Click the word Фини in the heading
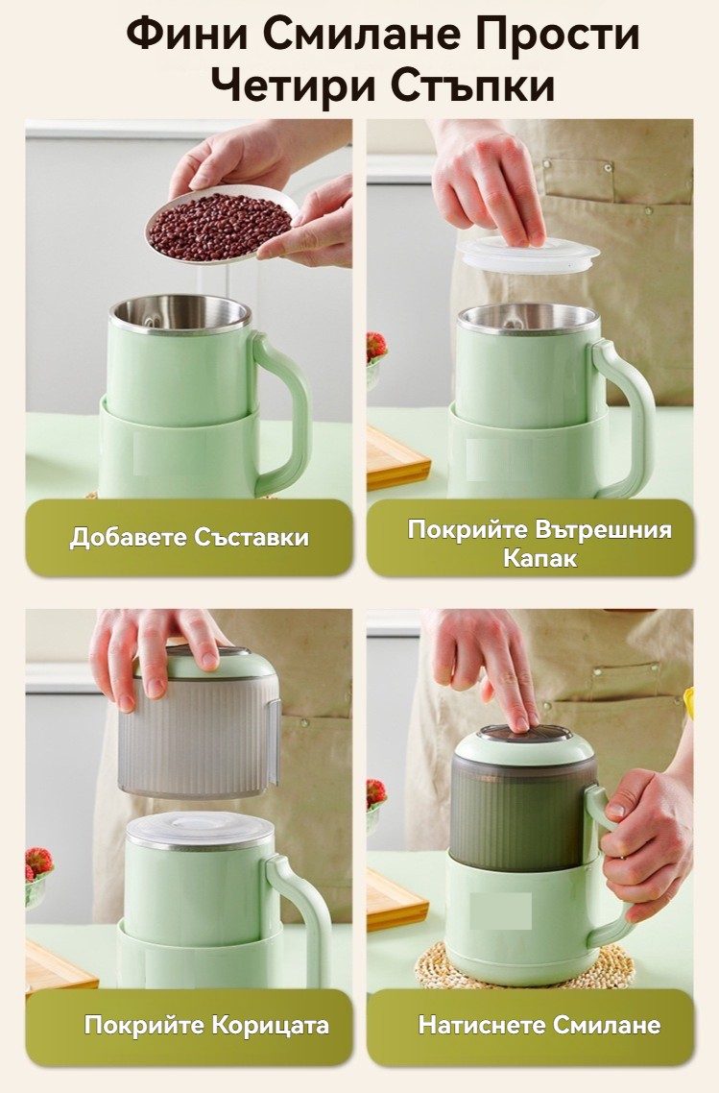[187, 35]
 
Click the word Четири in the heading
[294, 86]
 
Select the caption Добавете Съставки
[189, 538]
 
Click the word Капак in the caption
[539, 558]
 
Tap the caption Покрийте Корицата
[206, 1026]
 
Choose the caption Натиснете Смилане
[539, 1025]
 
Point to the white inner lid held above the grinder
[530, 255]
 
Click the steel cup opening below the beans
[180, 314]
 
